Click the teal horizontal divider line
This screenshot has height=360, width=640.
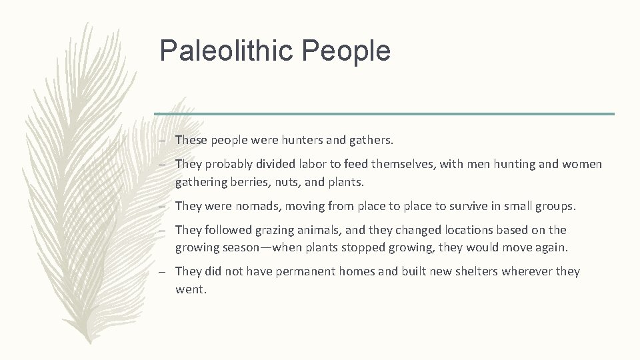pyautogui.click(x=384, y=113)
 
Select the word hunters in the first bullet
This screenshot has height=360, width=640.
pyautogui.click(x=299, y=140)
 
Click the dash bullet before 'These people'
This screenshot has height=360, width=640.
pyautogui.click(x=163, y=140)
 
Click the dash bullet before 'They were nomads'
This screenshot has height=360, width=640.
pyautogui.click(x=163, y=206)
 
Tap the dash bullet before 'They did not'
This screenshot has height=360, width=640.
pyautogui.click(x=163, y=272)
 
